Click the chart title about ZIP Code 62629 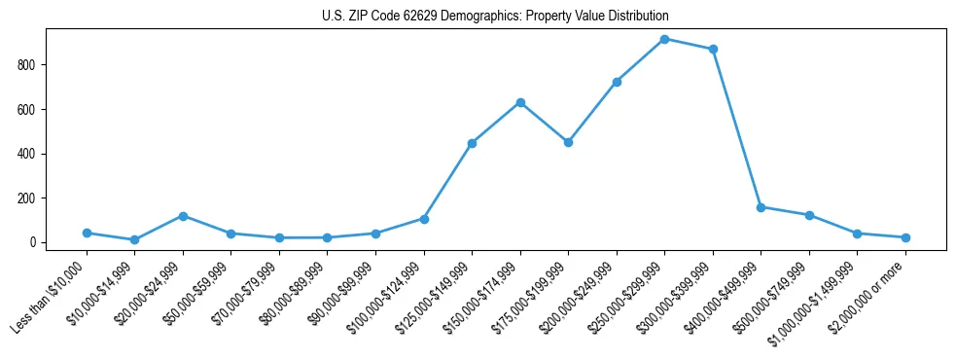pyautogui.click(x=495, y=17)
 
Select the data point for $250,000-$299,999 pyautogui.click(x=664, y=39)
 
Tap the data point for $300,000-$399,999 pyautogui.click(x=713, y=49)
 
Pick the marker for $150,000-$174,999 pyautogui.click(x=520, y=102)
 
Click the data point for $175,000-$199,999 pyautogui.click(x=568, y=142)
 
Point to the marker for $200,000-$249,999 pyautogui.click(x=617, y=82)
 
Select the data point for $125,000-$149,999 pyautogui.click(x=472, y=143)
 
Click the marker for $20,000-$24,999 pyautogui.click(x=183, y=216)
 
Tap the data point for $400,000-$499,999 pyautogui.click(x=761, y=207)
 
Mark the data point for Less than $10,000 pyautogui.click(x=87, y=233)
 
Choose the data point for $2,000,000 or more pyautogui.click(x=905, y=237)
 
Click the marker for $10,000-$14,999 pyautogui.click(x=134, y=239)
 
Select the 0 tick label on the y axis pyautogui.click(x=33, y=242)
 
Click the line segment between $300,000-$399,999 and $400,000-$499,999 pyautogui.click(x=737, y=128)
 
